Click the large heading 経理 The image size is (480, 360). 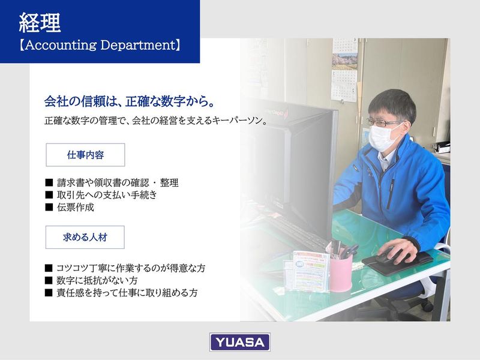pos(40,23)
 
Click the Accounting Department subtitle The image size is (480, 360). pos(100,46)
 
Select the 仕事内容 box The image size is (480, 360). pos(85,155)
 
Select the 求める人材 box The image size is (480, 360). pos(85,237)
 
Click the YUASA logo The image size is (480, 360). pos(239,342)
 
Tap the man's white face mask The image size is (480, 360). pos(383,137)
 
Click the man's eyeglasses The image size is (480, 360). pos(385,123)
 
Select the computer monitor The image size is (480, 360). pos(300,162)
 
